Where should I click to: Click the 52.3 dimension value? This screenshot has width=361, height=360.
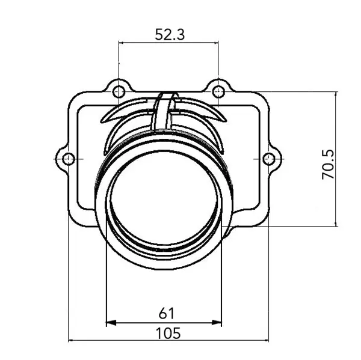click(x=169, y=34)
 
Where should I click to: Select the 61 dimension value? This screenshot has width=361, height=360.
click(x=166, y=313)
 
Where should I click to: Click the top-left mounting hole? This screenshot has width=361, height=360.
click(x=119, y=91)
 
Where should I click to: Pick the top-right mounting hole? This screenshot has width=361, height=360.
click(x=218, y=91)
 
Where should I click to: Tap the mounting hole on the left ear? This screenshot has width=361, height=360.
click(x=69, y=159)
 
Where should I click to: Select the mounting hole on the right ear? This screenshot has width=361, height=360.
click(x=269, y=159)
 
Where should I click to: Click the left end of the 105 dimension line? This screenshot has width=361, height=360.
click(x=69, y=340)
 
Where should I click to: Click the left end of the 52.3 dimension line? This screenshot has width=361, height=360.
click(x=119, y=43)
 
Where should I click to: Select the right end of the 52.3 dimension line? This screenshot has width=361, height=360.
click(x=218, y=43)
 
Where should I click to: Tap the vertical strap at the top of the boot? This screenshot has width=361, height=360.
click(x=164, y=111)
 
